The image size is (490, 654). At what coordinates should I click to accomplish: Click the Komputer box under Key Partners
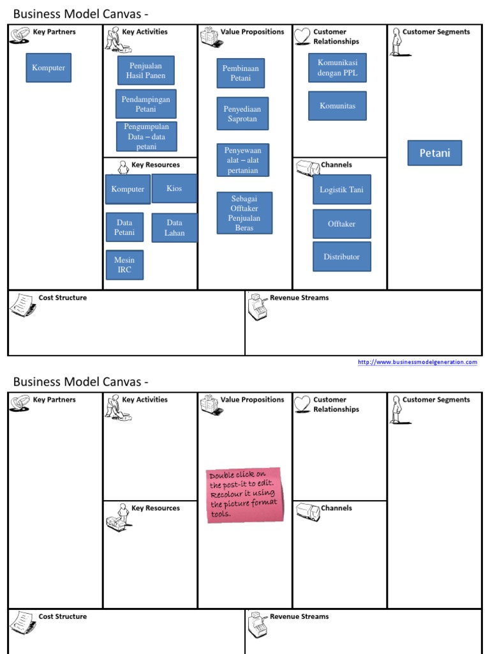[x=48, y=68]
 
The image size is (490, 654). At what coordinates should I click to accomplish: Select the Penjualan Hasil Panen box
[x=146, y=70]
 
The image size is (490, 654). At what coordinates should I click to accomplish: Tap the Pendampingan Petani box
[x=146, y=104]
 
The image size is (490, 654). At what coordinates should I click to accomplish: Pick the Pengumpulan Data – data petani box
[x=147, y=137]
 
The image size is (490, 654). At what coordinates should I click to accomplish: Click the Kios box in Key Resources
[x=174, y=188]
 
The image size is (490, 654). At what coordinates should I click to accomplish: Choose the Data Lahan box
[x=174, y=228]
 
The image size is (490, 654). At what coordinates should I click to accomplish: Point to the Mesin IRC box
[x=124, y=265]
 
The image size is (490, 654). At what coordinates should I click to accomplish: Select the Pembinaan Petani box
[x=241, y=73]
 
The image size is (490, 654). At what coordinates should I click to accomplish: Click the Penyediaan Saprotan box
[x=242, y=114]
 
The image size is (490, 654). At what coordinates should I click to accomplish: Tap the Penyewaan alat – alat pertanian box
[x=242, y=160]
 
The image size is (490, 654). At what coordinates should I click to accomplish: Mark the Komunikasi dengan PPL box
[x=338, y=68]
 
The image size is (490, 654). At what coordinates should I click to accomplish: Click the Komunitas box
[x=338, y=106]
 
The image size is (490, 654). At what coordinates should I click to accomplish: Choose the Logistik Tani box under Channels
[x=341, y=190]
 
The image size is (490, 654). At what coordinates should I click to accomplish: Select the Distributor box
[x=341, y=257]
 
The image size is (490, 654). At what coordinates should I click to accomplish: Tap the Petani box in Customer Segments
[x=434, y=153]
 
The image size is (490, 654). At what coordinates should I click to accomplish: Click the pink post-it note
[x=244, y=495]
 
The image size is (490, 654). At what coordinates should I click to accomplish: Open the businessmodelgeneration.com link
[x=417, y=362]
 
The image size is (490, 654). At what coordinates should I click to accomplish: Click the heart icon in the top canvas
[x=302, y=36]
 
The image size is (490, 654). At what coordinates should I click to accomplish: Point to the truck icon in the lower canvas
[x=307, y=512]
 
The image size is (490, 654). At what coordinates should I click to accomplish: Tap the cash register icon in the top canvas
[x=258, y=307]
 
